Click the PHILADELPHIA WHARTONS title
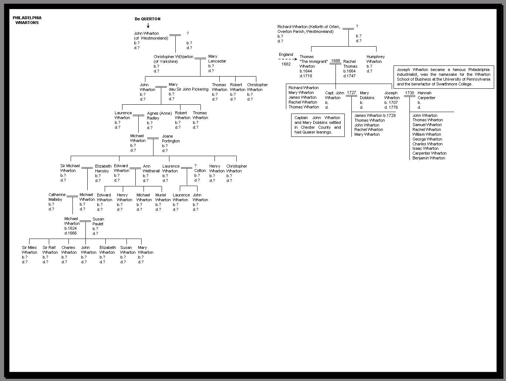[x=27, y=20]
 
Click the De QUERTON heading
[x=148, y=19]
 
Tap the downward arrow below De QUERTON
[x=148, y=26]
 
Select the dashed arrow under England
[x=288, y=59]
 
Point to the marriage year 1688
[x=335, y=61]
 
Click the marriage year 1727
[x=351, y=93]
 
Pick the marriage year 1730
[x=409, y=93]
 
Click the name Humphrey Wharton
[x=375, y=59]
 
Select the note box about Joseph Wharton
[x=443, y=77]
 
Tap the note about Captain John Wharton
[x=318, y=125]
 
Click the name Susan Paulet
[x=98, y=221]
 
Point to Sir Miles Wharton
[x=29, y=250]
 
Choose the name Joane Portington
[x=171, y=139]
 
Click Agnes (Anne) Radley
[x=159, y=115]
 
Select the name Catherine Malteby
[x=57, y=197]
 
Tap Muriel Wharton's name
[x=163, y=198]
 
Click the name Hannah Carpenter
[x=426, y=95]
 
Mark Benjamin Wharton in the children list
[x=429, y=158]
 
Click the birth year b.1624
[x=70, y=228]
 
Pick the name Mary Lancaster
[x=217, y=59]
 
